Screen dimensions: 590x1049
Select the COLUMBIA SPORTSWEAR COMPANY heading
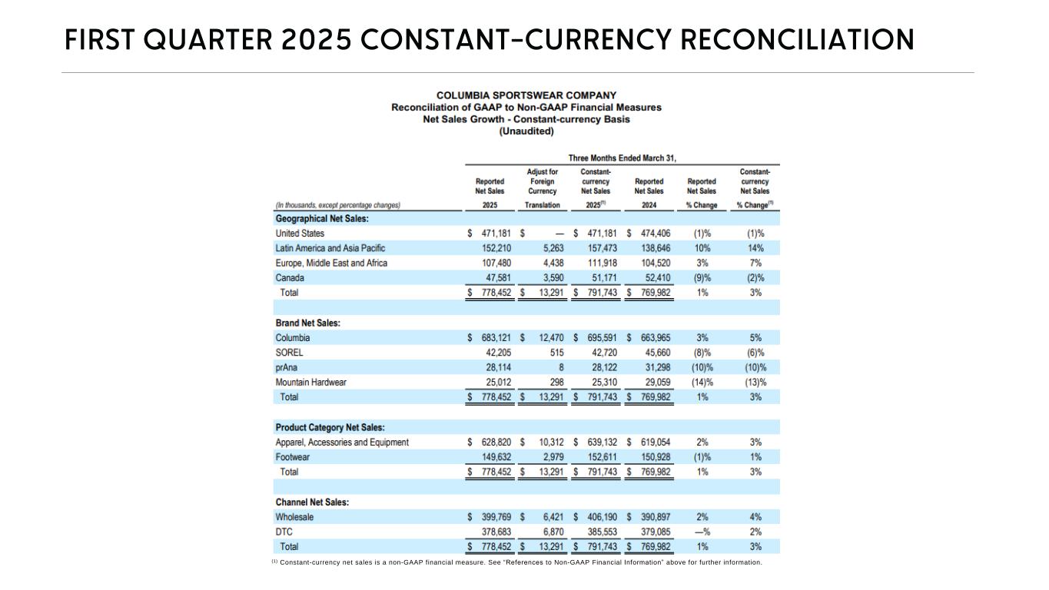point(526,95)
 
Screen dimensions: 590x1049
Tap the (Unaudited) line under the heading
point(526,131)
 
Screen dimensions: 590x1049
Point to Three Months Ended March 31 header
point(622,158)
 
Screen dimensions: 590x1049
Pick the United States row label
point(300,234)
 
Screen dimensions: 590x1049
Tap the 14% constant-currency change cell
point(755,248)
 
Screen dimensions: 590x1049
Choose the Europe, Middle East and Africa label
point(331,263)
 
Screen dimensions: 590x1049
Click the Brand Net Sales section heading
point(307,323)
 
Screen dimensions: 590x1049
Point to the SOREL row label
point(289,353)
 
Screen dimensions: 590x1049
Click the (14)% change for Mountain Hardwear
point(702,383)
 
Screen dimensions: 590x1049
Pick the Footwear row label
point(293,457)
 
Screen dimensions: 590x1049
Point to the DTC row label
point(284,532)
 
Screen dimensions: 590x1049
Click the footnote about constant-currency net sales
point(516,562)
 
